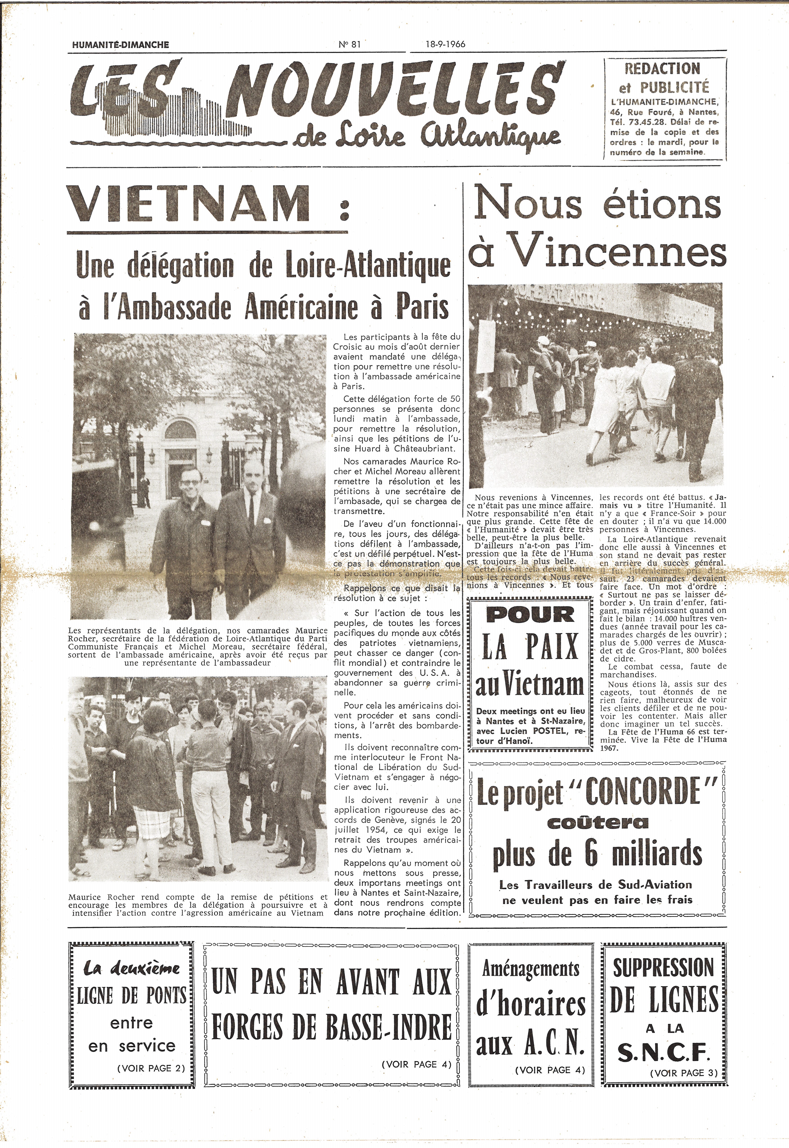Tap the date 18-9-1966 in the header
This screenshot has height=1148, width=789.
(x=445, y=44)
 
